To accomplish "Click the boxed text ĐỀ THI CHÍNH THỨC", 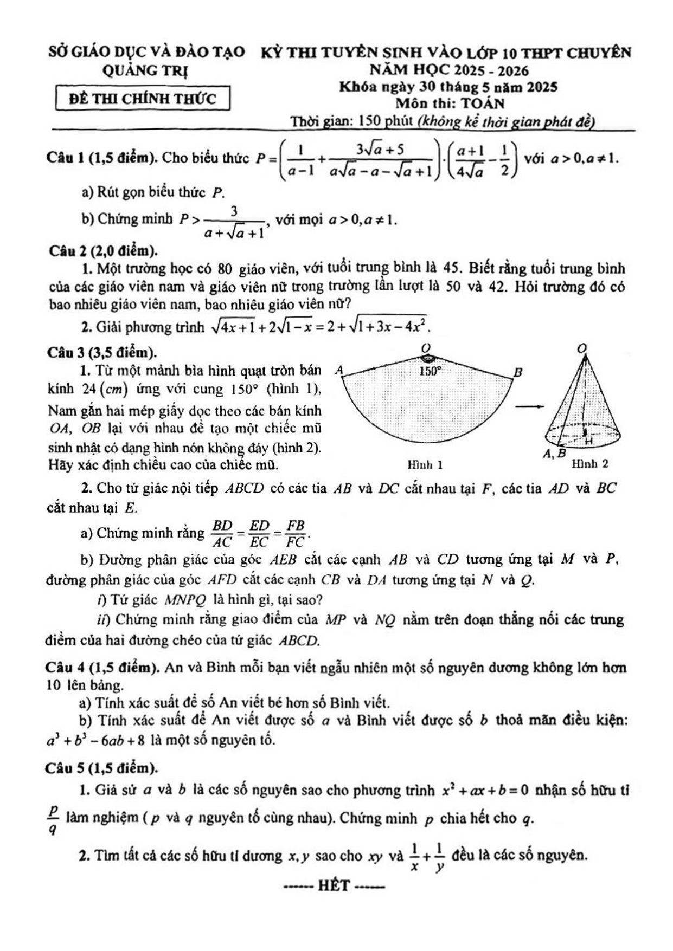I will point(143,99).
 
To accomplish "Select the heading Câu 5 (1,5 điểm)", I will point(101,767).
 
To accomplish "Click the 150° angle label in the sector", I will point(431,371).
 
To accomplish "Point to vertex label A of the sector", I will point(339,370).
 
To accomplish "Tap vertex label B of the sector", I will point(518,372).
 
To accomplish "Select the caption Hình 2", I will point(590,464).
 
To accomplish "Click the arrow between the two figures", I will point(528,406).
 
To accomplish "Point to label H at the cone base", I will point(588,442).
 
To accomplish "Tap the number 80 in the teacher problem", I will point(225,269).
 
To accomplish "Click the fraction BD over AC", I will point(222,533).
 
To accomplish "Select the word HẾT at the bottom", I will point(334,887).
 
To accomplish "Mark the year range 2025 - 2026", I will point(492,70).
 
